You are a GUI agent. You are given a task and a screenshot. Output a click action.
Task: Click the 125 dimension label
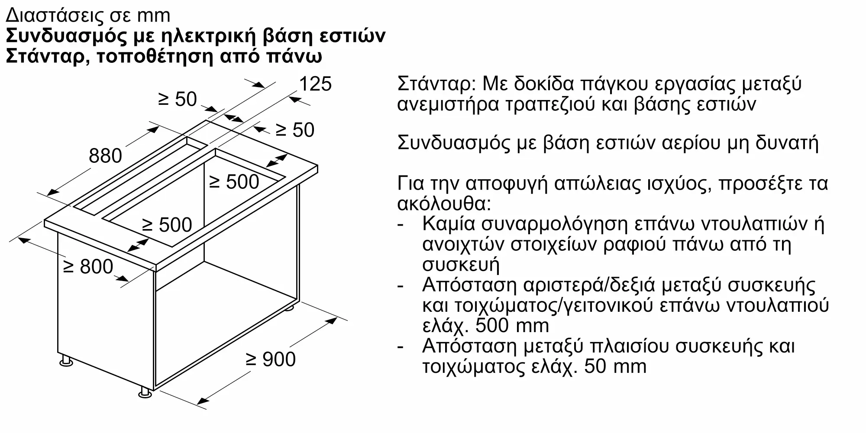pos(315,84)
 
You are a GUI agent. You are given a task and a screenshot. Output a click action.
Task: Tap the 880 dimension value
pos(105,155)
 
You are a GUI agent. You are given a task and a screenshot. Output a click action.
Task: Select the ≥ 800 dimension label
pos(88,266)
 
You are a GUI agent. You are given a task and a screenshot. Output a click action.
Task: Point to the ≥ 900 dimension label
pos(271,359)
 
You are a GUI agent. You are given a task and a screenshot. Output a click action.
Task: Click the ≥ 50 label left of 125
pos(178,99)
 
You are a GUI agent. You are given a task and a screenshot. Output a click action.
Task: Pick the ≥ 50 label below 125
pos(295,130)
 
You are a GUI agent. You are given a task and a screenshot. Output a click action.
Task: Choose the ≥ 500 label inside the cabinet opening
pos(234,182)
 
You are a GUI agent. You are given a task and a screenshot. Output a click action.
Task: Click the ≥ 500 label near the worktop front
pos(167,225)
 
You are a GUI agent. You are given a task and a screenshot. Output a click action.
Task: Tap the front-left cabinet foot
pos(66,361)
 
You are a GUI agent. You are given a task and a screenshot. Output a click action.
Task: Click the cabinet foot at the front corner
pos(145,392)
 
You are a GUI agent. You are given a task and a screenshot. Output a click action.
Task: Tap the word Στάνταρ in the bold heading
pos(45,57)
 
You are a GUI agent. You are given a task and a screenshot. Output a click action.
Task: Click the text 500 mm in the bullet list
pos(512,326)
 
